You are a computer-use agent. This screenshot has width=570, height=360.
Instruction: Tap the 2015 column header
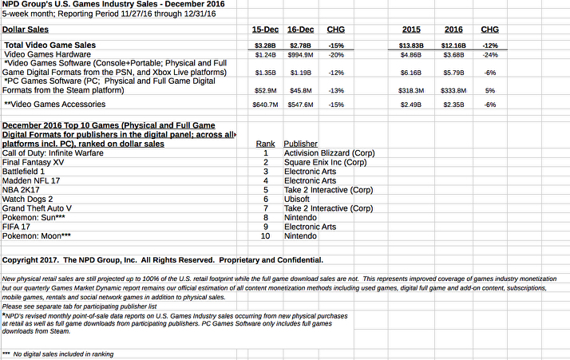pos(410,29)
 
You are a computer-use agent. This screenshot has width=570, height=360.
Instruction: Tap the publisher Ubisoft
pos(299,199)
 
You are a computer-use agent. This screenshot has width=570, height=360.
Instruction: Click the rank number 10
pos(266,236)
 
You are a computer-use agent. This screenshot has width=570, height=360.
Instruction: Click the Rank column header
pos(266,143)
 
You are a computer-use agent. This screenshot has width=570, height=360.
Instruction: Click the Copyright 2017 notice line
pos(163,259)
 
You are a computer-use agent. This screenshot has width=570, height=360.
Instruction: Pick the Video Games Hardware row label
pos(48,54)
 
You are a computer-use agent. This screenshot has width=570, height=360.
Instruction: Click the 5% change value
pos(489,90)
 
